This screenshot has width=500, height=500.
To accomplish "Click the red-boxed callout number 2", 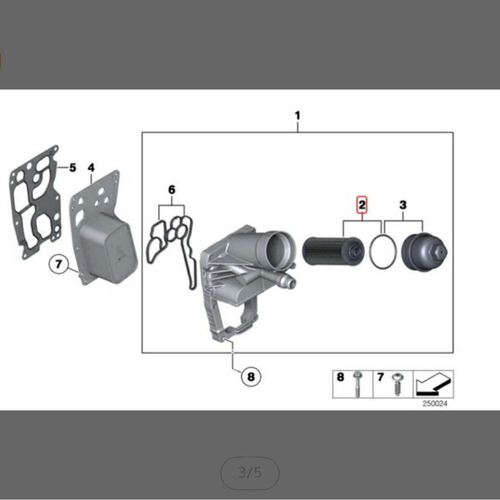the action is [x=362, y=205].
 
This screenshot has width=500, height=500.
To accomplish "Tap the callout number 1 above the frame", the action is [x=298, y=115].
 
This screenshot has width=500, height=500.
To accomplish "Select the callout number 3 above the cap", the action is [x=403, y=205].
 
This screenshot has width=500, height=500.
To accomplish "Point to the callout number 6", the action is [x=172, y=190].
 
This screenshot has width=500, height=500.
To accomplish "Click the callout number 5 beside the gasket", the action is [x=73, y=168].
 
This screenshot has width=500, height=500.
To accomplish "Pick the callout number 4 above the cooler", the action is [x=91, y=168].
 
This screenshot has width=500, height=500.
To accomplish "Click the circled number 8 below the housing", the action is [x=251, y=376].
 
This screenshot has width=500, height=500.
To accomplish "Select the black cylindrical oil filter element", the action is [x=333, y=251].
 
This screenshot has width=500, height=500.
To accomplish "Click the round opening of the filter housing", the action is [x=279, y=247].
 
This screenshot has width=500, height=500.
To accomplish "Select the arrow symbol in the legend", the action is [x=433, y=384].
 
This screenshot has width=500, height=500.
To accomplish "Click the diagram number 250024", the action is [x=435, y=404].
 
